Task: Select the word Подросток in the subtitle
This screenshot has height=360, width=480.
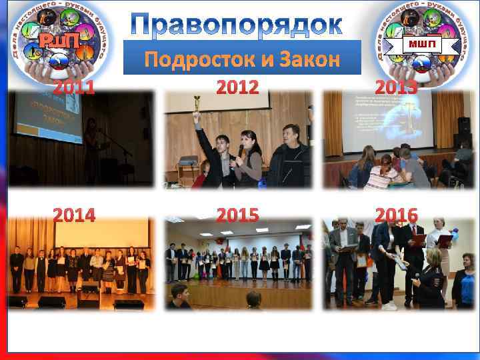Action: pyautogui.click(x=198, y=60)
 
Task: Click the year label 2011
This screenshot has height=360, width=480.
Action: pyautogui.click(x=74, y=87)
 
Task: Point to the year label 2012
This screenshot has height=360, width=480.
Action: pyautogui.click(x=237, y=87)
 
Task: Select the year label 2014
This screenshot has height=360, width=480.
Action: pyautogui.click(x=74, y=215)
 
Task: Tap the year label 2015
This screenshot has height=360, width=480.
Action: pyautogui.click(x=237, y=215)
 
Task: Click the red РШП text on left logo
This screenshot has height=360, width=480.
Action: pyautogui.click(x=58, y=41)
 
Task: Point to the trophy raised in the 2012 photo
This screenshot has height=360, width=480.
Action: pyautogui.click(x=197, y=105)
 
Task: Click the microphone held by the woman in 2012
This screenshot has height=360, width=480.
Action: pyautogui.click(x=241, y=151)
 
